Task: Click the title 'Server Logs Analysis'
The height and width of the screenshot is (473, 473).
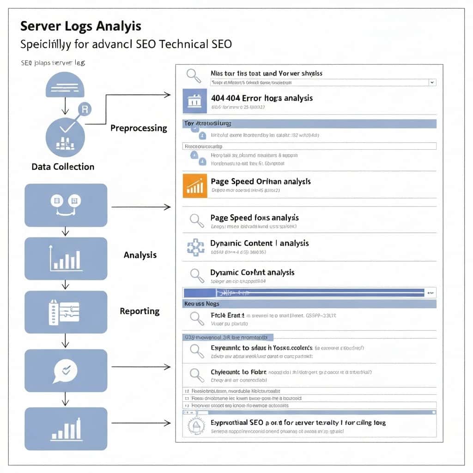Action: [81, 26]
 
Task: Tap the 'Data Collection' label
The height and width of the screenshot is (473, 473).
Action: [63, 167]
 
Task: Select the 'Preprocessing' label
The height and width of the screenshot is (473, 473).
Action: [139, 128]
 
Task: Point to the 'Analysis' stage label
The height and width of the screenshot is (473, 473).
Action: [140, 255]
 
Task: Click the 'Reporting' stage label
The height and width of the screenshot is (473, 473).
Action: [139, 311]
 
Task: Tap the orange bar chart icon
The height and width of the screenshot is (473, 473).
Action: [195, 185]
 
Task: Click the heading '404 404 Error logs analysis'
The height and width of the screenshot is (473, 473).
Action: [261, 98]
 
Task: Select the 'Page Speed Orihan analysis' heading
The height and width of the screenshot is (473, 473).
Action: [261, 182]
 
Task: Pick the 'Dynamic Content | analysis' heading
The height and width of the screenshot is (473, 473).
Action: [260, 243]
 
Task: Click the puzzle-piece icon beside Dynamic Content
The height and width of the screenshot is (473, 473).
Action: [196, 247]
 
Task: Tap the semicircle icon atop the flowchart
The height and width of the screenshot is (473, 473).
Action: [65, 85]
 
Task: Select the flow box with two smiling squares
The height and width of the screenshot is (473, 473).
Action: [66, 205]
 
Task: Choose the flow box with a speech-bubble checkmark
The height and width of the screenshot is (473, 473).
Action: [66, 370]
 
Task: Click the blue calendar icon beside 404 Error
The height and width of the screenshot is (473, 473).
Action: [194, 101]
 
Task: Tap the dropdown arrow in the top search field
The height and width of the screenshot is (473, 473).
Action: [431, 82]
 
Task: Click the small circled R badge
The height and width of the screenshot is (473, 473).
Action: [85, 109]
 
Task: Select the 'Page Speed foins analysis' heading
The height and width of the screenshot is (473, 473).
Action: [255, 218]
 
